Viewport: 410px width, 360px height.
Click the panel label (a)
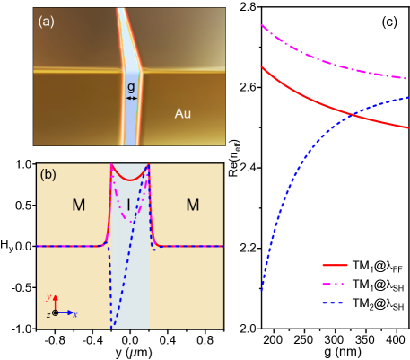coord(46,22)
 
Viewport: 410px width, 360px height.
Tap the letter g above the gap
coord(131,87)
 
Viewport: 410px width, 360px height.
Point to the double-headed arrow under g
coord(131,98)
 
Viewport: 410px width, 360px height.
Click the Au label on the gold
coord(182,114)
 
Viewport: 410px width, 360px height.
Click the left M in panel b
coord(78,206)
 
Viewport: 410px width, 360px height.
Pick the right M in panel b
coord(192,206)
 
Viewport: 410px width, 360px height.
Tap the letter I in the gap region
coord(128,206)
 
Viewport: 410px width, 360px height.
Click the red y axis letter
coord(48,296)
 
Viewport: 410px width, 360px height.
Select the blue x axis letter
coord(74,314)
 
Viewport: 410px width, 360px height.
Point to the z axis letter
coord(48,314)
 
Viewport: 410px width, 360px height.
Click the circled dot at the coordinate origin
coord(56,312)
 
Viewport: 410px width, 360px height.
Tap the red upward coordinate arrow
coord(56,303)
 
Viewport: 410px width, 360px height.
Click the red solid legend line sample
coord(335,266)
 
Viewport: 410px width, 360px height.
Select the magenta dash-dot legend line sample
coord(335,284)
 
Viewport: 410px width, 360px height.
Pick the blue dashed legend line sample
coord(335,303)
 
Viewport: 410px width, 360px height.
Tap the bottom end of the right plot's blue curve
coord(262,290)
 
